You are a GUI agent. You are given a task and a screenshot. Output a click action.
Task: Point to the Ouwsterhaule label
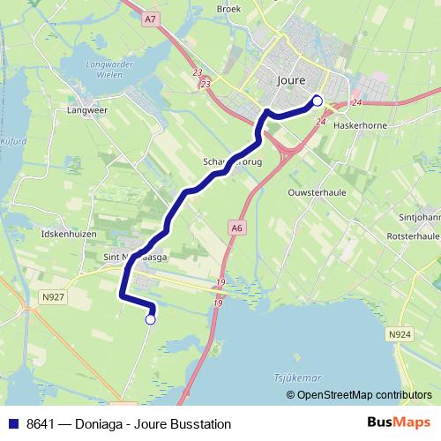(x=313, y=190)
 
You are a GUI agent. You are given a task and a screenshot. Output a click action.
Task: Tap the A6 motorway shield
(x=235, y=228)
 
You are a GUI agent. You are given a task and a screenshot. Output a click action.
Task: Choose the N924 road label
(x=400, y=334)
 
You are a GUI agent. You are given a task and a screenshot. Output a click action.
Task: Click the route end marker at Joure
(x=318, y=101)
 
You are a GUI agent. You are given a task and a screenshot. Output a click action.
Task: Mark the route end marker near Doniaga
(x=150, y=320)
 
